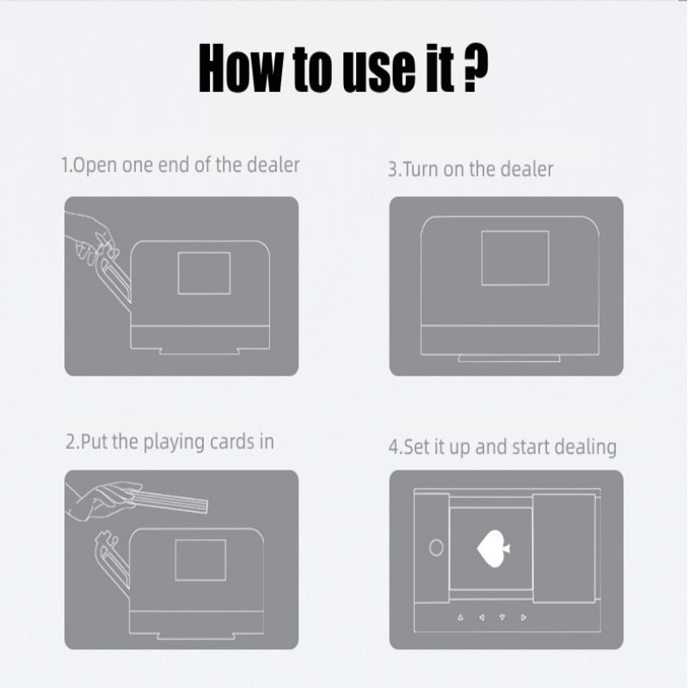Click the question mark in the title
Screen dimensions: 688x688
tap(476, 68)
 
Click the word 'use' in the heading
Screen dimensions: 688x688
tap(378, 71)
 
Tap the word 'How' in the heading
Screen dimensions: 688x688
tap(241, 68)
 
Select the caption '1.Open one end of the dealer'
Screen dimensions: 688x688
tap(181, 165)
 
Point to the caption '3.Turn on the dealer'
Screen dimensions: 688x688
tap(470, 169)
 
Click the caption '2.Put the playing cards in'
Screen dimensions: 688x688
tap(169, 442)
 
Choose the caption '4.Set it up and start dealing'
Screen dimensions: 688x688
tap(502, 447)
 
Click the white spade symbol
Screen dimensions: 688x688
tap(494, 549)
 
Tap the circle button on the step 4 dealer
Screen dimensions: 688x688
tap(436, 548)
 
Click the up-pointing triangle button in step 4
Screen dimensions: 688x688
tap(460, 617)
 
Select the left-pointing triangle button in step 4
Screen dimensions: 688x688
tap(482, 617)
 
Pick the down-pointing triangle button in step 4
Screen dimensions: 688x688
tap(502, 617)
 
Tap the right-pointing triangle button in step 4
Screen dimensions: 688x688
tap(524, 617)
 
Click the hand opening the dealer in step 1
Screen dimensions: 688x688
tap(93, 238)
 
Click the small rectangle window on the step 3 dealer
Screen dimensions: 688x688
tap(515, 258)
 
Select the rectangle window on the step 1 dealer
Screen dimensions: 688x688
tap(204, 273)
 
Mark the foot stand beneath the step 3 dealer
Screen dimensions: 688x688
tap(509, 358)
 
